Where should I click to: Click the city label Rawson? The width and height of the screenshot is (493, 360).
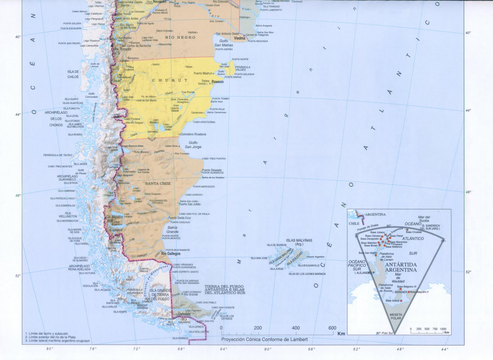click(x=218, y=82)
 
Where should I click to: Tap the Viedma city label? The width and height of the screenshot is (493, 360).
click(x=239, y=38)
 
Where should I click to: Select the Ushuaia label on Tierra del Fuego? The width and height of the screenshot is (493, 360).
click(x=184, y=314)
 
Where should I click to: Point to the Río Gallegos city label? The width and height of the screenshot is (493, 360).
click(x=173, y=254)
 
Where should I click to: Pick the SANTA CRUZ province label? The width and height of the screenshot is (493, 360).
click(x=157, y=183)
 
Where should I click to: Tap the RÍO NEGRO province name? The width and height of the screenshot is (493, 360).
click(x=180, y=37)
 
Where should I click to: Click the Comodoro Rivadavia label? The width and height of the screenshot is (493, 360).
click(x=193, y=134)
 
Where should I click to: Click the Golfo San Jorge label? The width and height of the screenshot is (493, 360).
click(x=193, y=145)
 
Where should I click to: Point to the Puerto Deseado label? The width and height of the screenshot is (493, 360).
click(x=212, y=170)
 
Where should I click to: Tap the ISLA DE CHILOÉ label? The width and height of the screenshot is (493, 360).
click(x=73, y=74)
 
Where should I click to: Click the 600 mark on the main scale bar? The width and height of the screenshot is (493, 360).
click(x=332, y=328)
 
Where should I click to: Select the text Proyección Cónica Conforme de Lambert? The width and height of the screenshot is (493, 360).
click(x=264, y=339)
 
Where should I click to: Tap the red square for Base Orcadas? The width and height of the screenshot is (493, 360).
click(x=407, y=230)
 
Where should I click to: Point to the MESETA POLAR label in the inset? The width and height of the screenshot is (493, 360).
click(x=396, y=316)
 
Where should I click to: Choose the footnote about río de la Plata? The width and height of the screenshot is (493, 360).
click(x=50, y=337)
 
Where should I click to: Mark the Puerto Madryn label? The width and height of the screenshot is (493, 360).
click(x=203, y=73)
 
